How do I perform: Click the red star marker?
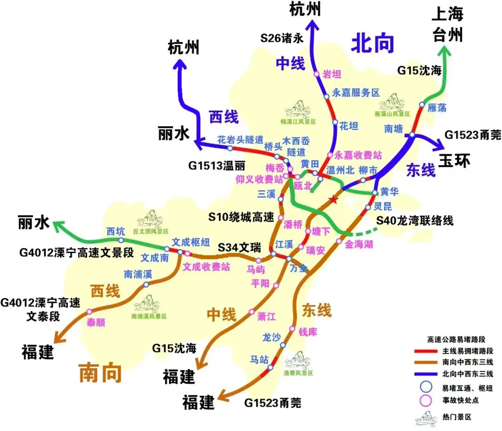[x=333, y=200]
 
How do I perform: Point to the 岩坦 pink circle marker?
[x=317, y=74]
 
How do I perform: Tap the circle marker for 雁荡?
[x=422, y=105]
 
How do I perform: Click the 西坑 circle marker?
[x=121, y=240]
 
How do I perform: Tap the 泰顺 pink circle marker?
[x=89, y=312]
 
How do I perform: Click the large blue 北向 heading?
[x=372, y=43]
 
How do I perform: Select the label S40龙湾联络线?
[x=415, y=220]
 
